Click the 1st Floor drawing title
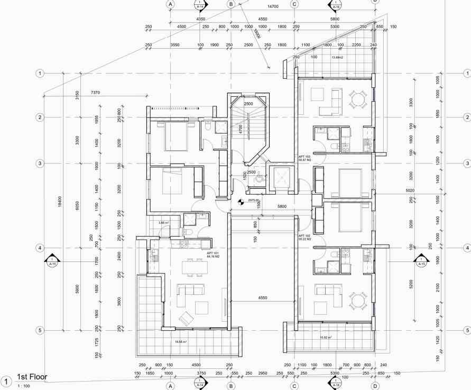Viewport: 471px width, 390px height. coord(33,377)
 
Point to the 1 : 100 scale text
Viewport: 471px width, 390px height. coord(24,386)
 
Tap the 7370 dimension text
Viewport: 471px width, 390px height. coord(95,93)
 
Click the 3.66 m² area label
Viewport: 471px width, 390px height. coord(163,223)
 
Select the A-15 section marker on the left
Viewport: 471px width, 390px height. coord(52,261)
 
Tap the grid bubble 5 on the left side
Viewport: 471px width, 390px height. coord(39,331)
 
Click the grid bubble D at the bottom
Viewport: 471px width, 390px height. coord(375,386)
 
